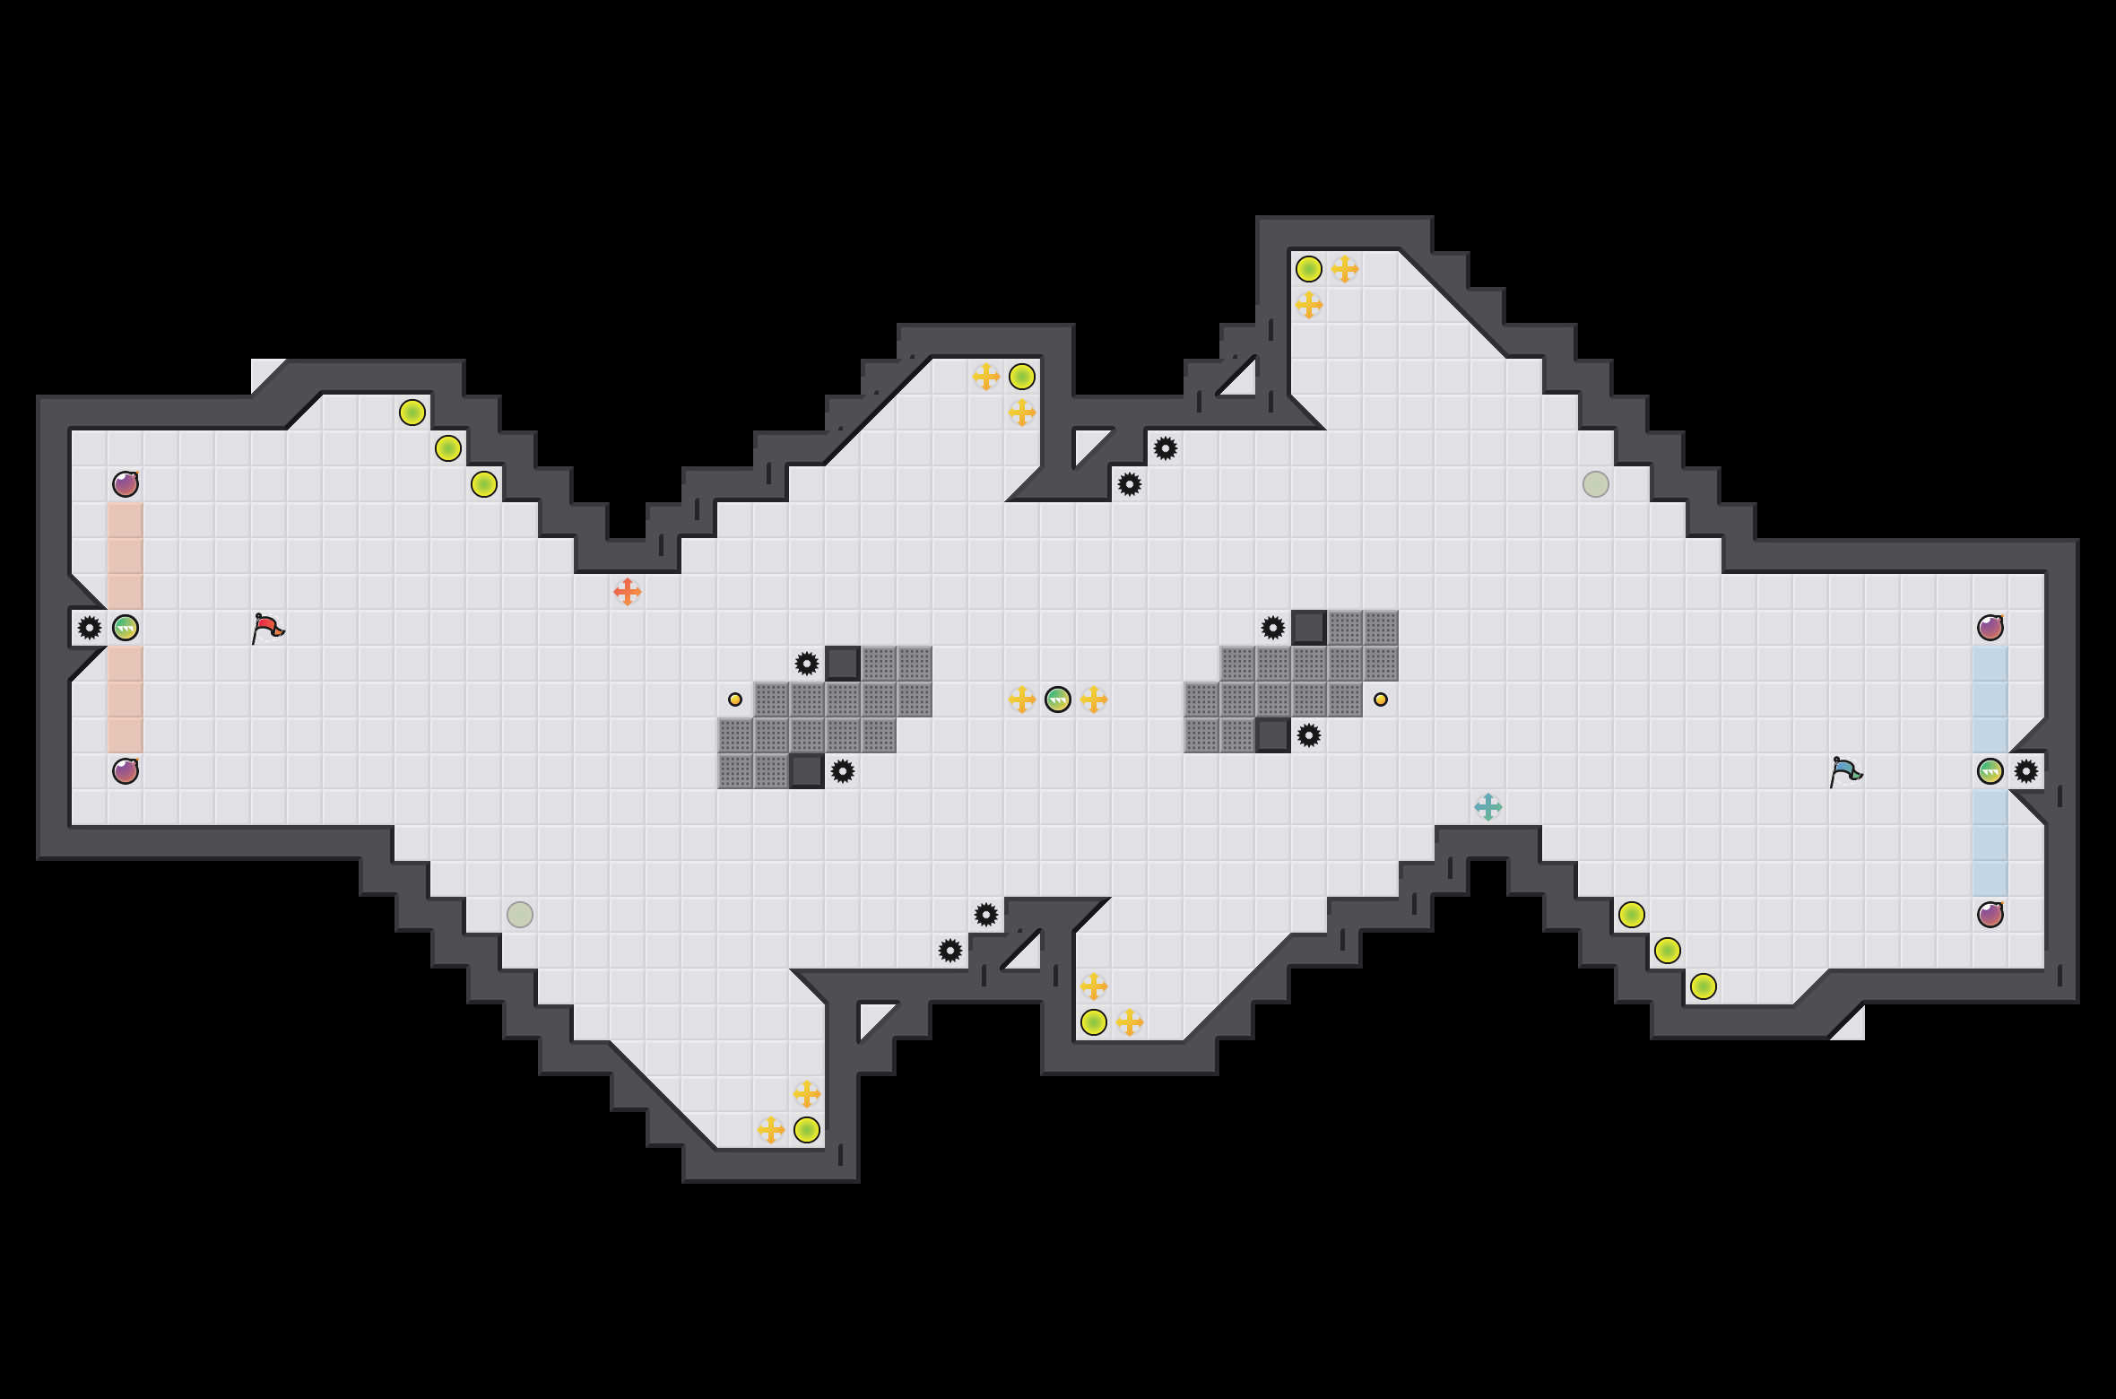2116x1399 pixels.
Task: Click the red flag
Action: click(267, 628)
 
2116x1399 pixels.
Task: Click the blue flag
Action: click(1845, 771)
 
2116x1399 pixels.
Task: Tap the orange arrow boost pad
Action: click(628, 592)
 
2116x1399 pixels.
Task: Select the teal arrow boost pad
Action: click(1488, 807)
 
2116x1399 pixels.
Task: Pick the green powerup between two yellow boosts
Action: click(1058, 699)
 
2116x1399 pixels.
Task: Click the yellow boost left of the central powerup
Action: click(1022, 699)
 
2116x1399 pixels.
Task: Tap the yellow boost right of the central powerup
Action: click(1094, 699)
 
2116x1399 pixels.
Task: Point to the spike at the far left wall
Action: click(90, 628)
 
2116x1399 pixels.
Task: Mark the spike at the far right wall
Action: click(2026, 771)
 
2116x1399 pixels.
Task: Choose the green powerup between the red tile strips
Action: click(126, 628)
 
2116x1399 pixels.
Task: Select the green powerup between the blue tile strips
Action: click(1990, 771)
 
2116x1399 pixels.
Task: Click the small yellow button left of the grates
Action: click(735, 699)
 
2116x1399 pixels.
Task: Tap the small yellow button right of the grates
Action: click(1381, 699)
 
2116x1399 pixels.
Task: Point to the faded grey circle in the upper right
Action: click(1596, 484)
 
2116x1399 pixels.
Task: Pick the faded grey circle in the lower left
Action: click(520, 915)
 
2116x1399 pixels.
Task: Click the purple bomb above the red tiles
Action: click(126, 484)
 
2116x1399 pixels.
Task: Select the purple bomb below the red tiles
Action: click(126, 771)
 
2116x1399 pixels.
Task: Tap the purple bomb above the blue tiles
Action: click(1990, 628)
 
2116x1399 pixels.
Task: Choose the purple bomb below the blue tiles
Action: click(1990, 915)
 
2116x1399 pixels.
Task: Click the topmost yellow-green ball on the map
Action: click(1309, 269)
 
